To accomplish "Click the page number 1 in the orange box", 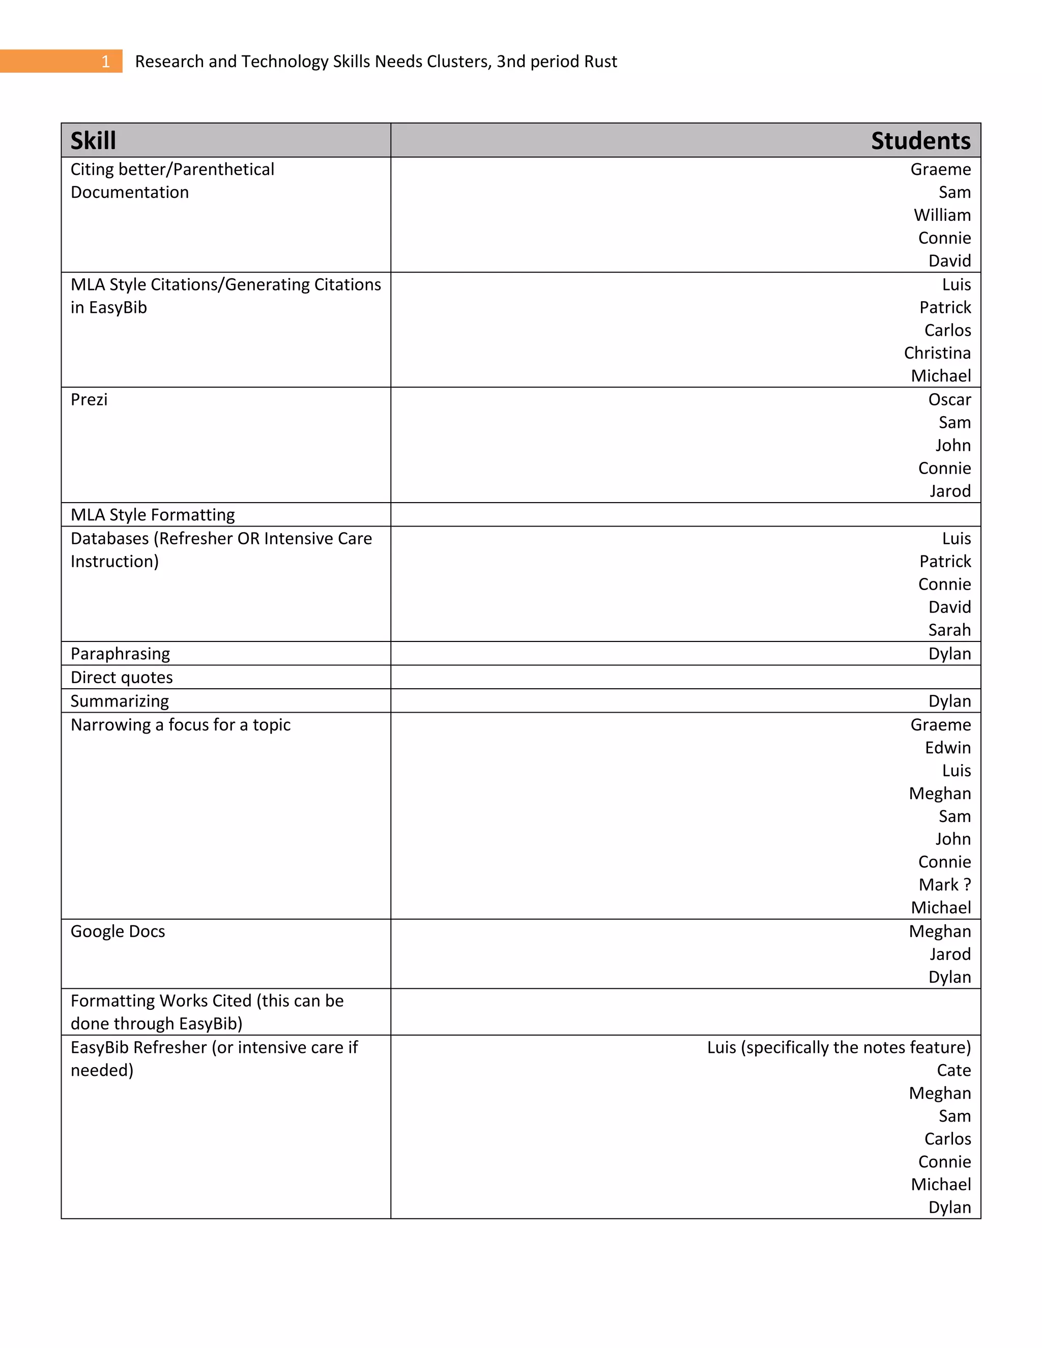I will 105,62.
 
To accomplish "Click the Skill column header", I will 93,141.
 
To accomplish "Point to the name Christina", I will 937,353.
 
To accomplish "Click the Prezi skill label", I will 89,400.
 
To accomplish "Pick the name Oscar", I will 949,400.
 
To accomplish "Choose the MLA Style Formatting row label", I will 153,515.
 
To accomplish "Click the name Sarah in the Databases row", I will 949,630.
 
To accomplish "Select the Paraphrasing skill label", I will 121,654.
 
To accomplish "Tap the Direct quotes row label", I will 122,678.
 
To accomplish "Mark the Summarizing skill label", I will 120,701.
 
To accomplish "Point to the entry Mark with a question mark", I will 944,885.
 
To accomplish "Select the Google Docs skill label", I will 118,931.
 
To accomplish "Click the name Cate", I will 954,1070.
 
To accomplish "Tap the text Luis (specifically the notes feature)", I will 839,1047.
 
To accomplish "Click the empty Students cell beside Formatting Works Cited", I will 685,1012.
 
